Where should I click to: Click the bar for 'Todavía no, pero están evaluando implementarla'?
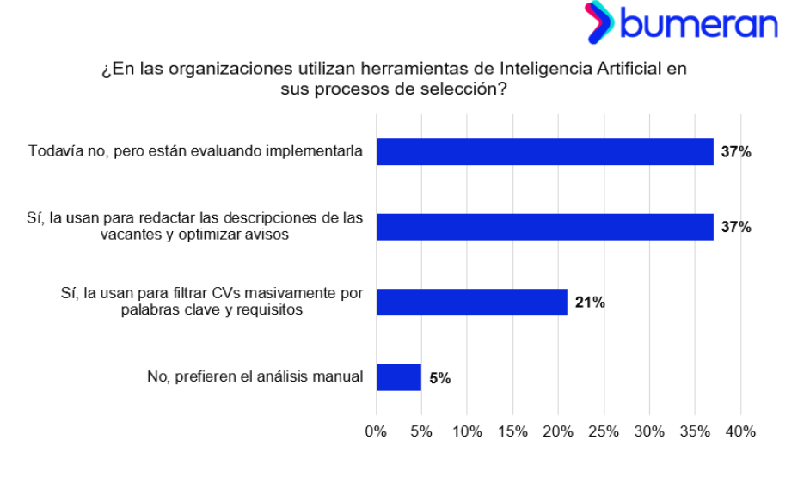tap(545, 152)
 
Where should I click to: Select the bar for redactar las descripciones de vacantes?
tap(545, 227)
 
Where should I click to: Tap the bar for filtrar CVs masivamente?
tap(472, 302)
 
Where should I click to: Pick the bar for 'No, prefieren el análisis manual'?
tap(399, 376)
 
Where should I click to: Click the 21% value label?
tap(591, 302)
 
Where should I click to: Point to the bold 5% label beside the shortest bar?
tap(440, 377)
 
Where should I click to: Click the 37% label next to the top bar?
tap(736, 152)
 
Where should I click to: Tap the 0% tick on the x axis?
tap(377, 431)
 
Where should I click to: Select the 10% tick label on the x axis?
tap(467, 431)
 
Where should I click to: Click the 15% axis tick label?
tap(512, 431)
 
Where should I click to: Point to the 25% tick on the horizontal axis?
tap(604, 431)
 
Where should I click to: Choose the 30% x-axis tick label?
tap(649, 431)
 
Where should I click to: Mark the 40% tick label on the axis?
tap(740, 431)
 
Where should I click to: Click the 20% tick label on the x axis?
tap(558, 431)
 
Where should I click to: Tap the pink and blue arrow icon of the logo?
tap(599, 23)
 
